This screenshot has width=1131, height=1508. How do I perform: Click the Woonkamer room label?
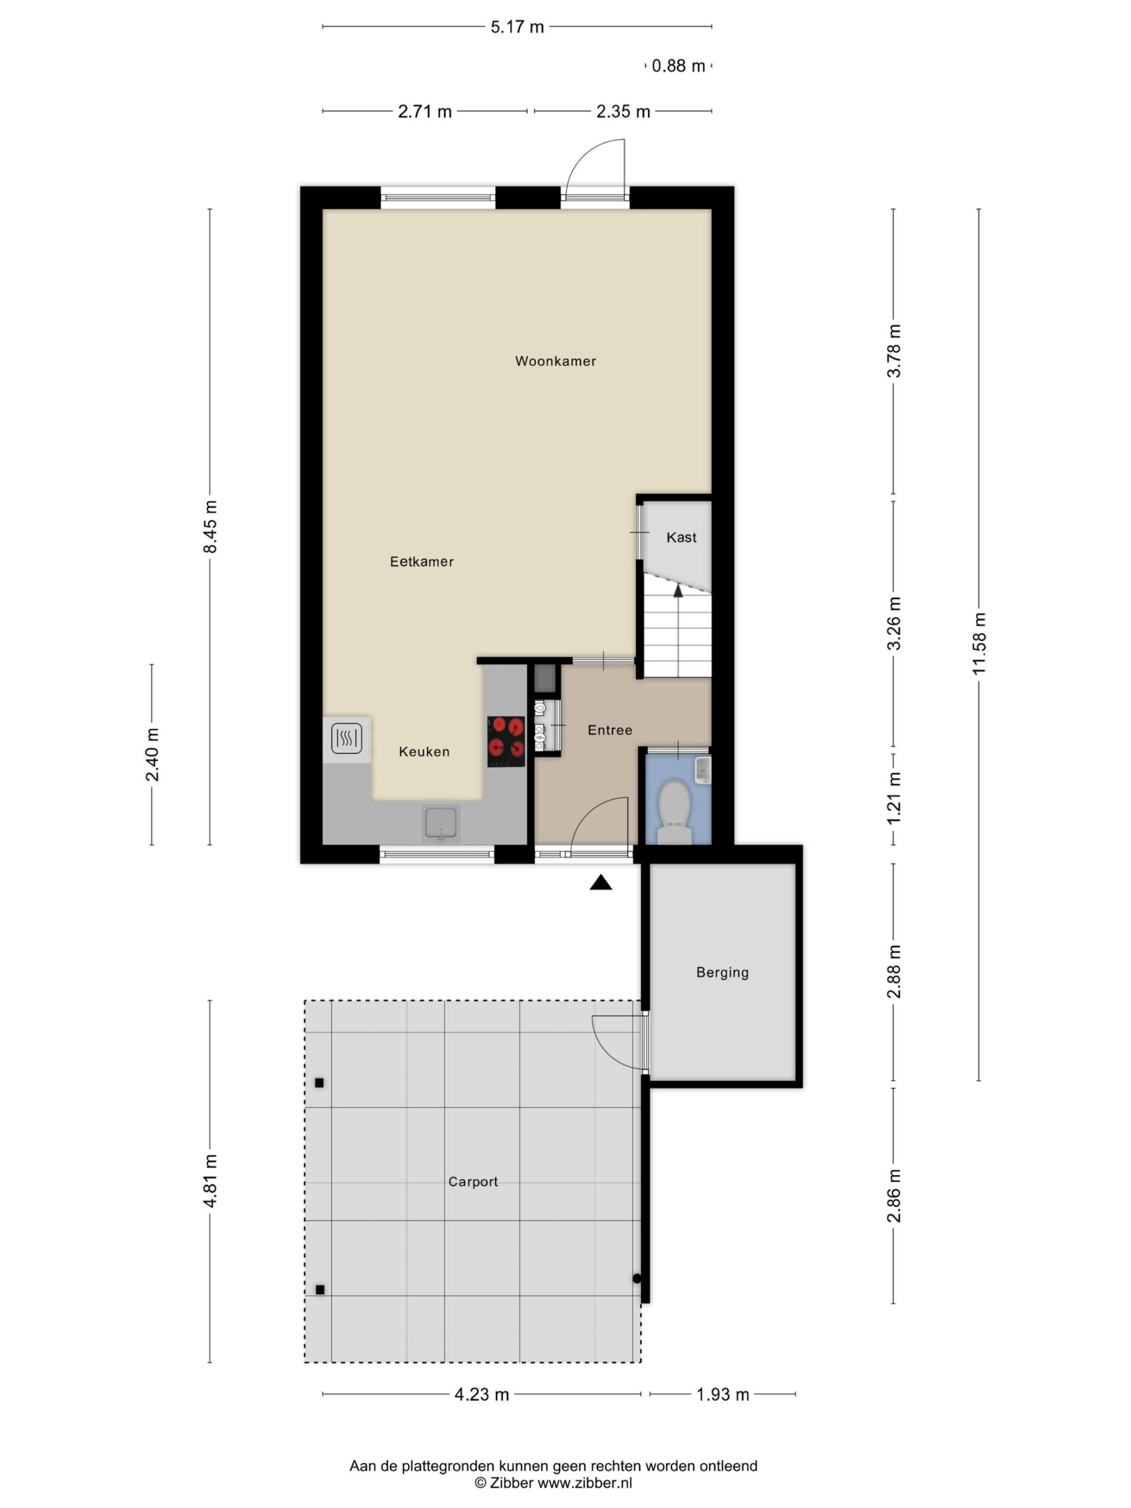[555, 361]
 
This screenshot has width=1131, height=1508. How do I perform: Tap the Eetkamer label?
[421, 562]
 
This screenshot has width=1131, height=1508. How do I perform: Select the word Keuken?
[424, 752]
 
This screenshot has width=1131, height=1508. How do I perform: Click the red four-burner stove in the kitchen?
[506, 742]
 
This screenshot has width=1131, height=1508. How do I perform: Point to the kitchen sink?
[441, 823]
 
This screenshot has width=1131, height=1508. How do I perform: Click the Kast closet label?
[681, 538]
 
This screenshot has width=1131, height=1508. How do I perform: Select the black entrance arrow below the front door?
[601, 883]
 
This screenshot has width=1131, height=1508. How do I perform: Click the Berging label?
[722, 973]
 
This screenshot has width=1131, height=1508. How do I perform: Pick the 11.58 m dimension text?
[979, 644]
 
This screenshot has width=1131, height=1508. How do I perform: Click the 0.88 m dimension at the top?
[679, 66]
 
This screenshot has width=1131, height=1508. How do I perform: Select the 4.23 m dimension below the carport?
[482, 1395]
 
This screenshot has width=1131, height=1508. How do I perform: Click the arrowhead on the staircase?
[677, 590]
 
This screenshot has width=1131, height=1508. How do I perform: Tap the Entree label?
[610, 730]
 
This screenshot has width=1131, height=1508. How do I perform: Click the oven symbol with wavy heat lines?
[346, 738]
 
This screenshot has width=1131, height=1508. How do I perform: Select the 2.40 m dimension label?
[152, 755]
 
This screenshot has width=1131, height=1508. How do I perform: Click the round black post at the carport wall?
[637, 1279]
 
